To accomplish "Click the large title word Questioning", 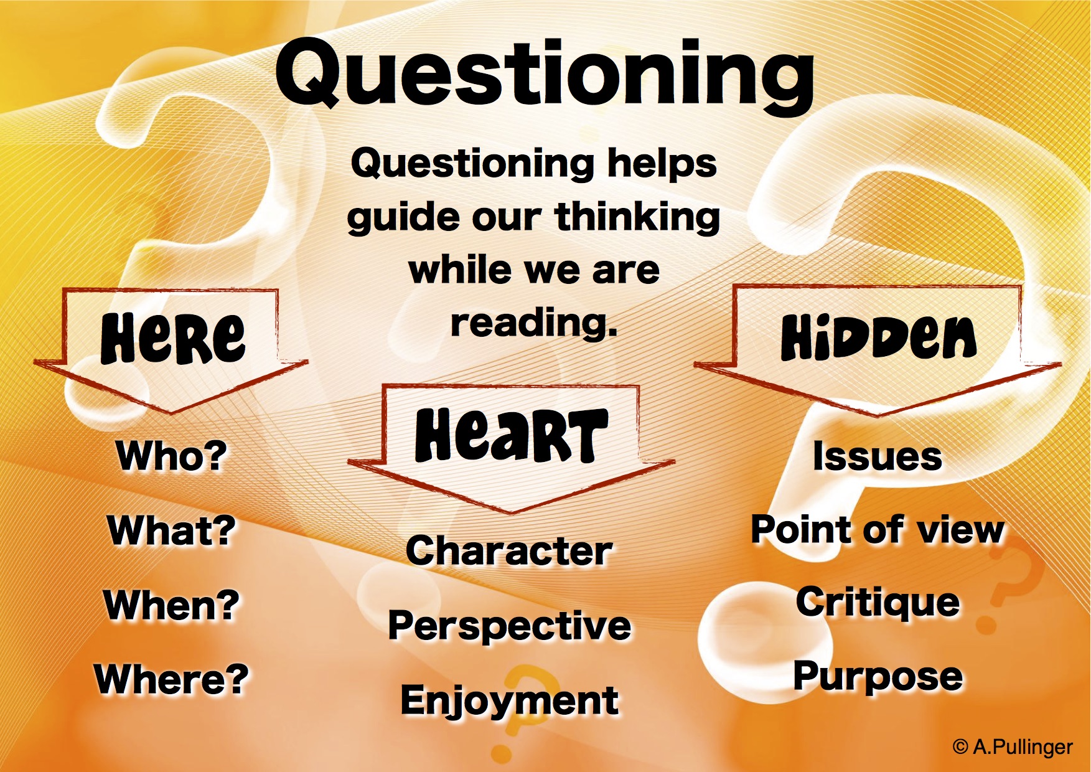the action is pyautogui.click(x=545, y=75).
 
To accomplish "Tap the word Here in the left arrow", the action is pyautogui.click(x=173, y=337).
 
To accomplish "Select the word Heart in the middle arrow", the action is pyautogui.click(x=512, y=435).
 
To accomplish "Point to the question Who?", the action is pyautogui.click(x=172, y=456).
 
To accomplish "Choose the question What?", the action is pyautogui.click(x=171, y=530).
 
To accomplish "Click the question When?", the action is pyautogui.click(x=172, y=605).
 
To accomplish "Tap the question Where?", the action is pyautogui.click(x=172, y=679).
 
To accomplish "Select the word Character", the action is pyautogui.click(x=509, y=551).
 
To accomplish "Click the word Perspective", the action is pyautogui.click(x=510, y=626).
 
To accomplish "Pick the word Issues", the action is pyautogui.click(x=878, y=456).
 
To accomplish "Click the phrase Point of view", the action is pyautogui.click(x=878, y=530).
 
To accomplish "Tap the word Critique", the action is pyautogui.click(x=878, y=604).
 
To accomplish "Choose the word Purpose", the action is pyautogui.click(x=878, y=677).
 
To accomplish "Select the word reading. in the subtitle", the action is pyautogui.click(x=534, y=323).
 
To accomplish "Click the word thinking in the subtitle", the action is pyautogui.click(x=637, y=217).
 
